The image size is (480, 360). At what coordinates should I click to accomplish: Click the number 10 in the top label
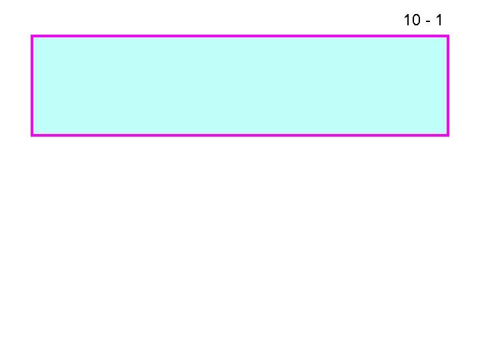tap(411, 21)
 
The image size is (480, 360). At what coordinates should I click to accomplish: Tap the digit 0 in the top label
tap(415, 21)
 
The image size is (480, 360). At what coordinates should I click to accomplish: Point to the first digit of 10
tap(407, 21)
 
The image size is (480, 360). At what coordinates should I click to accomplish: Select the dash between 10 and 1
tap(427, 22)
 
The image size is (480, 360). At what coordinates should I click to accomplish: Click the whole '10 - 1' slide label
tap(423, 21)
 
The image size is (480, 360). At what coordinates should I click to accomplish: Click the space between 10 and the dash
tap(422, 21)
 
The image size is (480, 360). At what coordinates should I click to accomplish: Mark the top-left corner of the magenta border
tap(32, 36)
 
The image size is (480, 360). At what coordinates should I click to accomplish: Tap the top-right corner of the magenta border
tap(448, 36)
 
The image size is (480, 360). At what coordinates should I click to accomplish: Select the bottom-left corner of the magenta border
tap(32, 135)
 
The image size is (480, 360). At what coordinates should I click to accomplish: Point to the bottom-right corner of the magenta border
tap(448, 135)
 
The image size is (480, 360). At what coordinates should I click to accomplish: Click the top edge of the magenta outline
tap(240, 36)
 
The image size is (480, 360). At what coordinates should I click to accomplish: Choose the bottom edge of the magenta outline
tap(240, 135)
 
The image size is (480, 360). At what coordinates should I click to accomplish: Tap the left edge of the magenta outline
tap(32, 85)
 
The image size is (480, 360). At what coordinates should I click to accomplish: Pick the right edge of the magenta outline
tap(448, 85)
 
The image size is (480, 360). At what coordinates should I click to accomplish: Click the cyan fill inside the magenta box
tap(240, 85)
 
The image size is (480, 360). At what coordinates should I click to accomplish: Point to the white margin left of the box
tap(15, 85)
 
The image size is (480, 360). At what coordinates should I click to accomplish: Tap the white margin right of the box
tap(464, 85)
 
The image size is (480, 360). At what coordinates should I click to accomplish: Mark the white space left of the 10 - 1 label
tap(267, 20)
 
